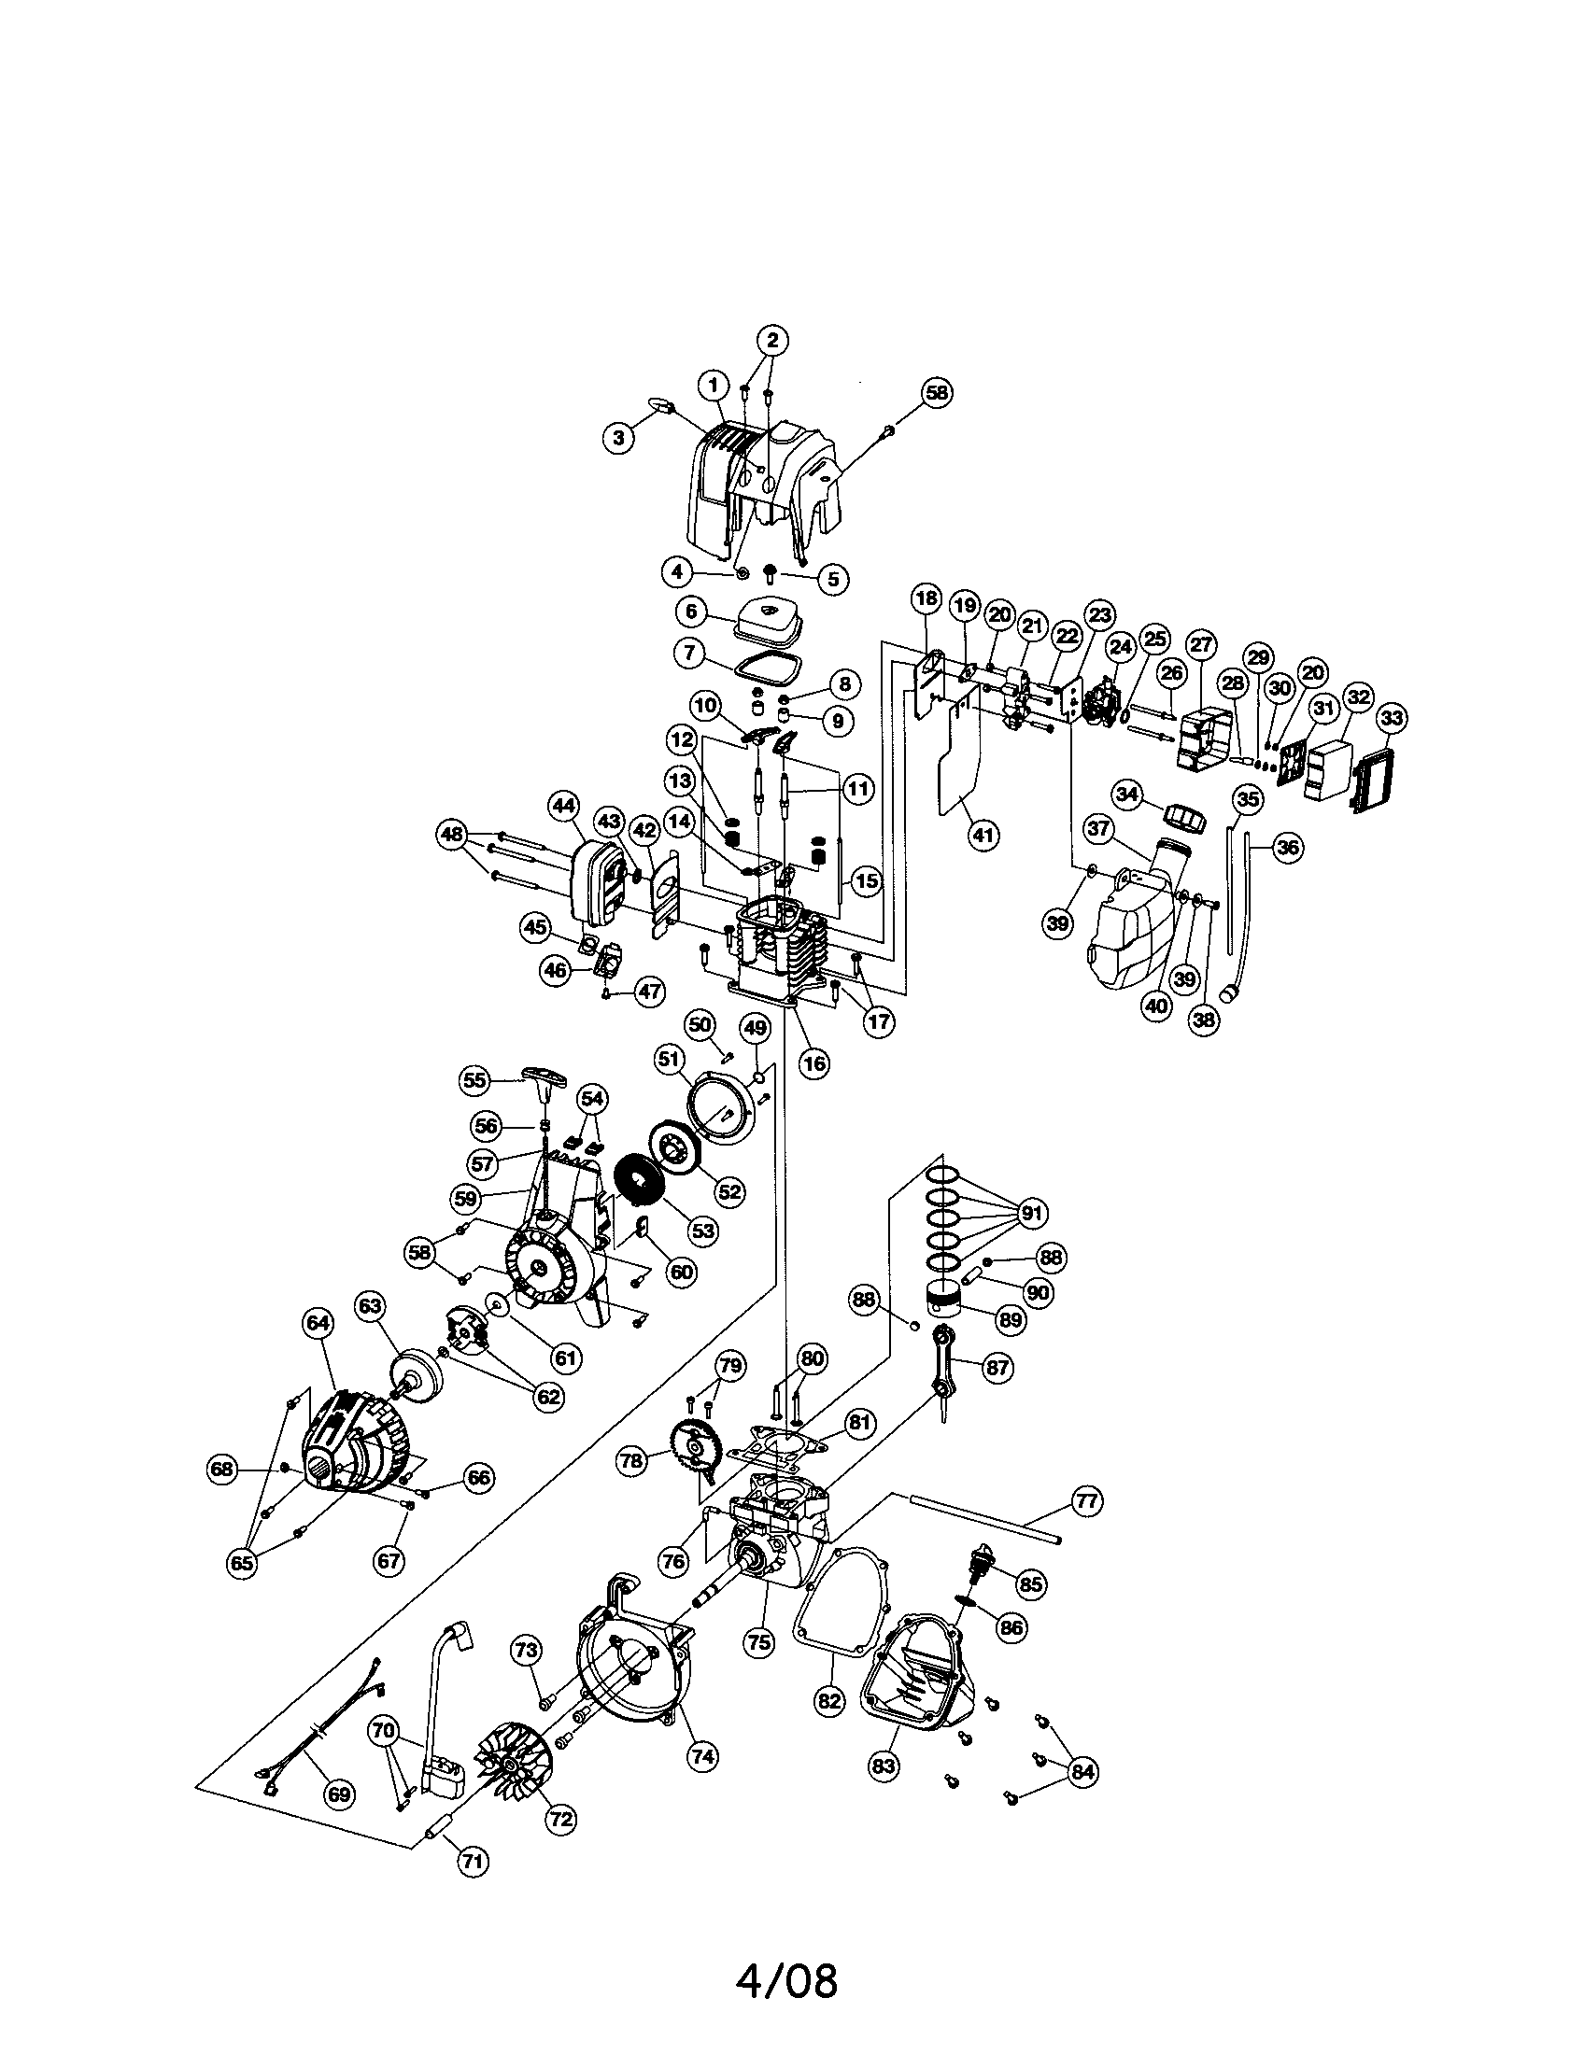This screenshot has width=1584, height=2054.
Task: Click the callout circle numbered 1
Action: point(714,385)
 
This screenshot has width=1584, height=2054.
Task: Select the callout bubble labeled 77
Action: point(1086,1501)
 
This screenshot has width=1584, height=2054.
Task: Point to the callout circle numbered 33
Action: point(1393,719)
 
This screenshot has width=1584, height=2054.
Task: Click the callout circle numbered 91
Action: point(1033,1214)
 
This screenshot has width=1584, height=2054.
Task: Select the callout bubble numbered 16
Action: point(814,1063)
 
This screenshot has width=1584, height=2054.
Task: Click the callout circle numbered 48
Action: point(452,833)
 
